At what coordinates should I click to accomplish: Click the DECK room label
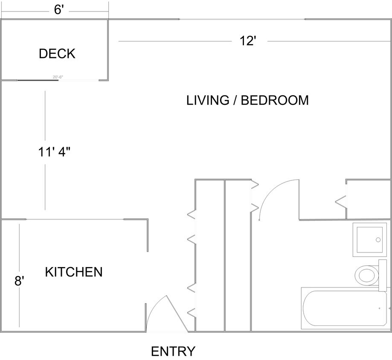57,54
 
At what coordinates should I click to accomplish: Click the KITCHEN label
74,272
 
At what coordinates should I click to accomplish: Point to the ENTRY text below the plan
173,351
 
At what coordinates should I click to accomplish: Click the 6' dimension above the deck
59,10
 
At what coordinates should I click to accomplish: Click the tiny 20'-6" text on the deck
58,77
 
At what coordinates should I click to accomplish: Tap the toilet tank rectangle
383,275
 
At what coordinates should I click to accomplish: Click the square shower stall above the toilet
369,239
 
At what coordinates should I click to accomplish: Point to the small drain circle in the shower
378,240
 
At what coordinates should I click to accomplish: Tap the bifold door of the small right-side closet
341,200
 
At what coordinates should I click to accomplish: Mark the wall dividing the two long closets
224,256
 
